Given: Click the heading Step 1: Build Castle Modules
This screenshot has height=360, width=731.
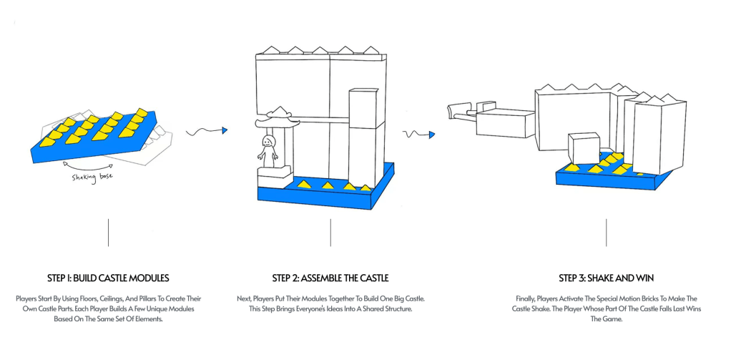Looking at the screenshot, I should (x=108, y=278).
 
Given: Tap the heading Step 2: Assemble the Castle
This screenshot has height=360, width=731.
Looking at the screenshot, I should (x=330, y=278).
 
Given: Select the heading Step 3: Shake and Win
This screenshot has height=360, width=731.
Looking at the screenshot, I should (x=606, y=278).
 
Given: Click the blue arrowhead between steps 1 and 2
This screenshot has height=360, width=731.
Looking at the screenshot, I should (x=224, y=130).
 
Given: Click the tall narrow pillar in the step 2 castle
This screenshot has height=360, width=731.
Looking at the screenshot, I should (x=365, y=136).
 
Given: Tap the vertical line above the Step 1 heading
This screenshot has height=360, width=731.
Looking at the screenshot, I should (x=108, y=233).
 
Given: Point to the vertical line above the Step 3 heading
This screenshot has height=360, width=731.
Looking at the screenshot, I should (x=606, y=233).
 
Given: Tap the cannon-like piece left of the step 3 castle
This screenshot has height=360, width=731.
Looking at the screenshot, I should (x=461, y=111).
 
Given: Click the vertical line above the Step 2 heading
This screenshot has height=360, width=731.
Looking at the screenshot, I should (x=330, y=233).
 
